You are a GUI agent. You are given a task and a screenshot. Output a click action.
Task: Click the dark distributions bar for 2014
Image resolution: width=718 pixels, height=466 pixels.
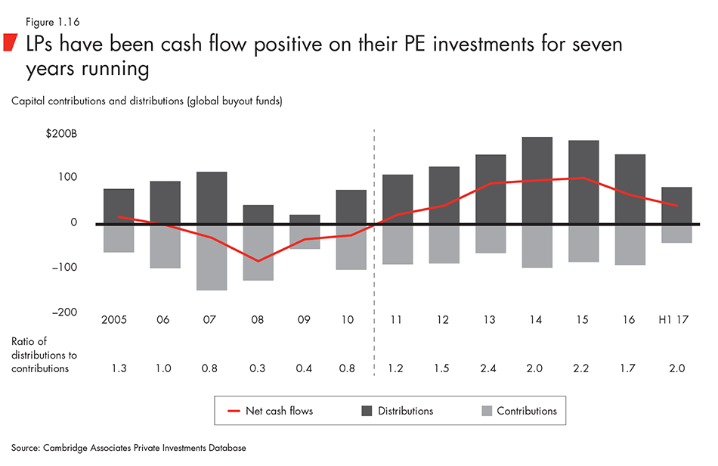pyautogui.click(x=537, y=180)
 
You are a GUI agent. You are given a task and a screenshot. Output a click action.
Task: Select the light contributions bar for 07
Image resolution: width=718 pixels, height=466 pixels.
pyautogui.click(x=212, y=257)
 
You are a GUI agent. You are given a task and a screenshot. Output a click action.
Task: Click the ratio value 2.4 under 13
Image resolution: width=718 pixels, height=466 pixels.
pyautogui.click(x=490, y=368)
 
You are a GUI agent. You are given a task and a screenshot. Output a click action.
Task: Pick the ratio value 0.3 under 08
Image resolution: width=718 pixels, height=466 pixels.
pyautogui.click(x=258, y=368)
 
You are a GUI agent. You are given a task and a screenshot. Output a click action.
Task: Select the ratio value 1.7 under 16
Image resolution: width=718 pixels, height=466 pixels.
pyautogui.click(x=630, y=368)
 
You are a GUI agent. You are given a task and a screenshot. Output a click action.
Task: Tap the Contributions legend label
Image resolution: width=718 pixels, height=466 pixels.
pyautogui.click(x=527, y=411)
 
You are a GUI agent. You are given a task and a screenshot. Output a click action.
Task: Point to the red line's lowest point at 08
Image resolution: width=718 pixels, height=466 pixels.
pyautogui.click(x=258, y=261)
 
